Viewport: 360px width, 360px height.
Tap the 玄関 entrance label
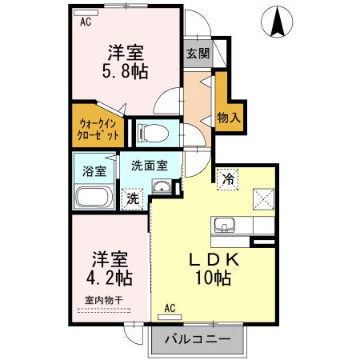pyautogui.click(x=198, y=54)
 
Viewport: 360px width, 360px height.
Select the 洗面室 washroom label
pyautogui.click(x=150, y=166)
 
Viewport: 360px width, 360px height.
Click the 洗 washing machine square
pyautogui.click(x=130, y=197)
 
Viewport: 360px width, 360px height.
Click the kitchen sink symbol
pyautogui.click(x=225, y=226)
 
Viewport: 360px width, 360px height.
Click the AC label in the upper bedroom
pyautogui.click(x=86, y=23)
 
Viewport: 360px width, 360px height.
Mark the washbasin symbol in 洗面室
pyautogui.click(x=162, y=190)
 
